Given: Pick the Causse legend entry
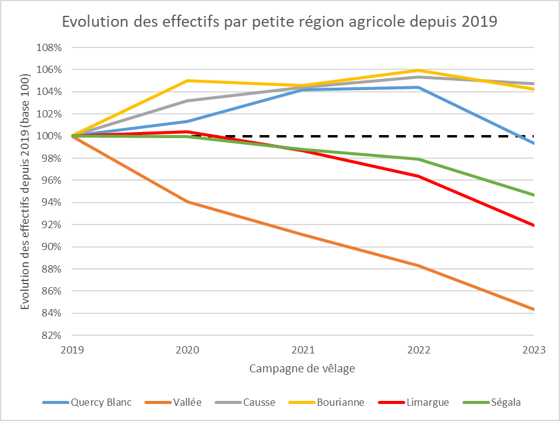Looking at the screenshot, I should (x=259, y=402).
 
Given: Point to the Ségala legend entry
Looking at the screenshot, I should (x=500, y=402).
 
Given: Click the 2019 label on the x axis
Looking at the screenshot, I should (x=73, y=350).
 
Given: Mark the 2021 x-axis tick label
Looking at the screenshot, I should (x=303, y=350).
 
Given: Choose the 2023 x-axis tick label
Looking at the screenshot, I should (x=533, y=350).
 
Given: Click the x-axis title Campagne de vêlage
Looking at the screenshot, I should (x=302, y=369).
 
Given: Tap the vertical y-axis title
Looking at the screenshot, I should (x=25, y=191).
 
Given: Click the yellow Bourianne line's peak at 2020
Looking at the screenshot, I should (x=188, y=80).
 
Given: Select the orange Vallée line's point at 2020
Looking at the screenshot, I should (x=188, y=201).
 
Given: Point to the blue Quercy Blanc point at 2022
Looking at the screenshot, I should (x=418, y=87).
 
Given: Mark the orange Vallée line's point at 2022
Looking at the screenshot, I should (x=418, y=265).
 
